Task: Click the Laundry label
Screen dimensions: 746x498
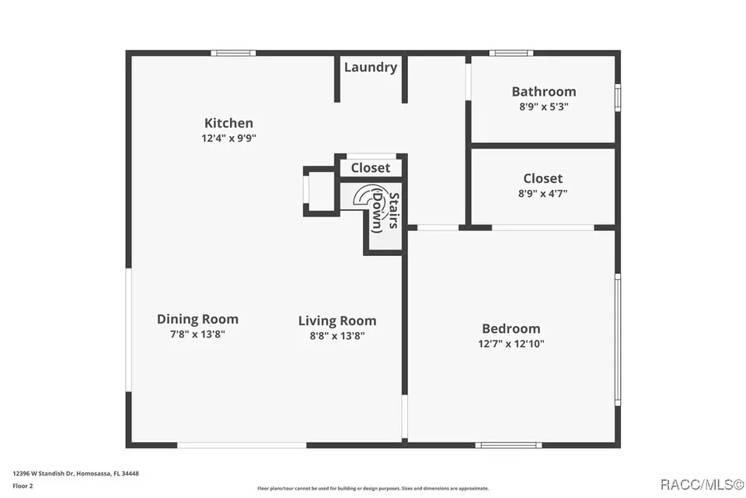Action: [371, 68]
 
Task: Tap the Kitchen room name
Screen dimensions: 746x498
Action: [228, 123]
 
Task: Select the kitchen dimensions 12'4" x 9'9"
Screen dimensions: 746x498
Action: [228, 139]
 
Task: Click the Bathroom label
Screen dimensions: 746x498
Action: [543, 92]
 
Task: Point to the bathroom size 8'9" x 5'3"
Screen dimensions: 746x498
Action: [543, 107]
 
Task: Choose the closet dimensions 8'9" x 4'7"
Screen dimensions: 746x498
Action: [542, 194]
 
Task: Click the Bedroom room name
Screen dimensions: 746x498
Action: [511, 329]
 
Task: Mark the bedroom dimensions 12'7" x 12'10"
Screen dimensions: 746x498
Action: [511, 344]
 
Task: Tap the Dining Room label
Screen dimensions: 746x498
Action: [197, 319]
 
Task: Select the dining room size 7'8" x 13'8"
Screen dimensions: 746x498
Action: [197, 334]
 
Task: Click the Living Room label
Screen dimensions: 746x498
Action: [336, 321]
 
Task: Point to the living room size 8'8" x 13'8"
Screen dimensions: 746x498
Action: [336, 335]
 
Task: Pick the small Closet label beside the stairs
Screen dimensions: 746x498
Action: [370, 168]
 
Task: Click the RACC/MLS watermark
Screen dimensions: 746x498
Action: [702, 485]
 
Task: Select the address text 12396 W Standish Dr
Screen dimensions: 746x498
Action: [44, 474]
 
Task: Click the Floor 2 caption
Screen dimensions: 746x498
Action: [23, 486]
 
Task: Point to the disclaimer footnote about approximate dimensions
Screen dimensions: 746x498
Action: [373, 489]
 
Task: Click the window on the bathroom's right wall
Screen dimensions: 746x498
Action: [618, 97]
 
